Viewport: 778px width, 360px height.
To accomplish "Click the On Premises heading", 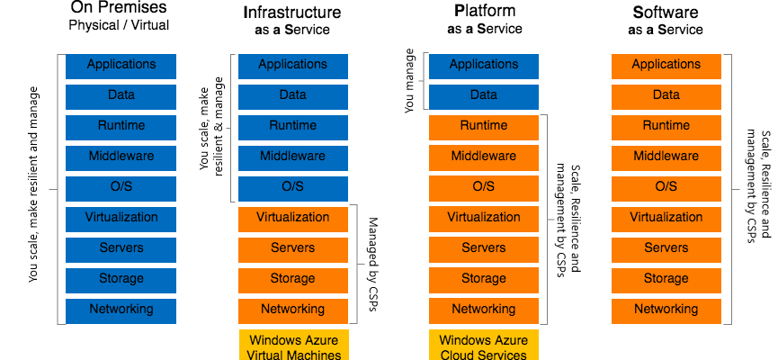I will (x=121, y=9).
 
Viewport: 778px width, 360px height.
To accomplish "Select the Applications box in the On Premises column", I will (x=121, y=66).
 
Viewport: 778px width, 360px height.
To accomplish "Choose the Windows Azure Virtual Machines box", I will (x=292, y=346).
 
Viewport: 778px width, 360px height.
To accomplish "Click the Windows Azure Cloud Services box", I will (x=484, y=346).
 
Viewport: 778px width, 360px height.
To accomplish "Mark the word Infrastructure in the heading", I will (x=292, y=13).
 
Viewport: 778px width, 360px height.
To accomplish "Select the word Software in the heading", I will (x=666, y=13).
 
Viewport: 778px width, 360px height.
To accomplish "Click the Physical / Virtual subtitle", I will (x=120, y=26).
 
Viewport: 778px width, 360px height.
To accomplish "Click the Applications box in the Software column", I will (x=666, y=66).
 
